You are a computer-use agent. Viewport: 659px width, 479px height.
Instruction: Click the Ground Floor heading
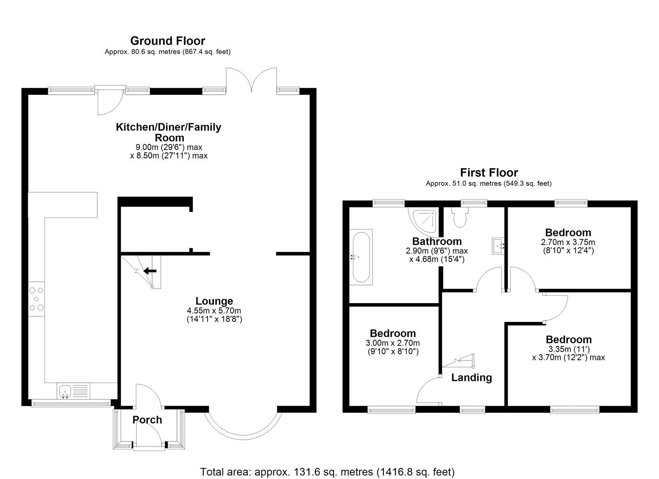click(167, 41)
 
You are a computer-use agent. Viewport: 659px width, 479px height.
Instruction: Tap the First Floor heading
click(489, 172)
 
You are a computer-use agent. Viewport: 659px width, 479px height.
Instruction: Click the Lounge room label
click(214, 301)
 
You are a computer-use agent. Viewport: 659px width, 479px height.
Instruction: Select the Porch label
click(147, 420)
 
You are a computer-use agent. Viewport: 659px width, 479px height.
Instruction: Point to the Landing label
click(471, 377)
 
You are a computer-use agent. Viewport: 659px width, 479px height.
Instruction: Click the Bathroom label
click(437, 241)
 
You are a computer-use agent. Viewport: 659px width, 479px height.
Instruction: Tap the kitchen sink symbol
click(65, 390)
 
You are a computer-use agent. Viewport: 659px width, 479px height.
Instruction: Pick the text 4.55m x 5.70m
click(214, 311)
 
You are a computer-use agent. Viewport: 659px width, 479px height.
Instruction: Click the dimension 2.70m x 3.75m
click(568, 242)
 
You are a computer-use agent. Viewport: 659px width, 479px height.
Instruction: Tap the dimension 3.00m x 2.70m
click(392, 343)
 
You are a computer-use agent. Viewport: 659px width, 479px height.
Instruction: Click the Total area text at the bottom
click(327, 472)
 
